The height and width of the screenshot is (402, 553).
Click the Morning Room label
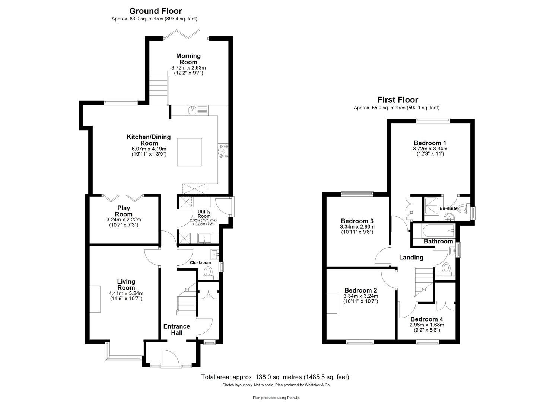(188, 59)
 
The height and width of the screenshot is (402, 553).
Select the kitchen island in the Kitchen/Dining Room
(190, 152)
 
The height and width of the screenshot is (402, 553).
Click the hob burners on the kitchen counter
(224, 151)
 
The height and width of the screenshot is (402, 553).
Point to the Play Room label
(124, 211)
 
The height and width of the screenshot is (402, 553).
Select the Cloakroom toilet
(208, 273)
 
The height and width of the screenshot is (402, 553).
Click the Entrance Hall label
(177, 329)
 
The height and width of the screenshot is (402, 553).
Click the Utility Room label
(204, 214)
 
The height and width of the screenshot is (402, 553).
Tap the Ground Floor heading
(155, 11)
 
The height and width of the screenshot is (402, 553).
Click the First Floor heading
(397, 100)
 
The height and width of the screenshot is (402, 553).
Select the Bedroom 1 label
(430, 143)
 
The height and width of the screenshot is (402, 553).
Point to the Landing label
(411, 257)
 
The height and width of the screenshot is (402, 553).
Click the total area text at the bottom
(275, 377)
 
